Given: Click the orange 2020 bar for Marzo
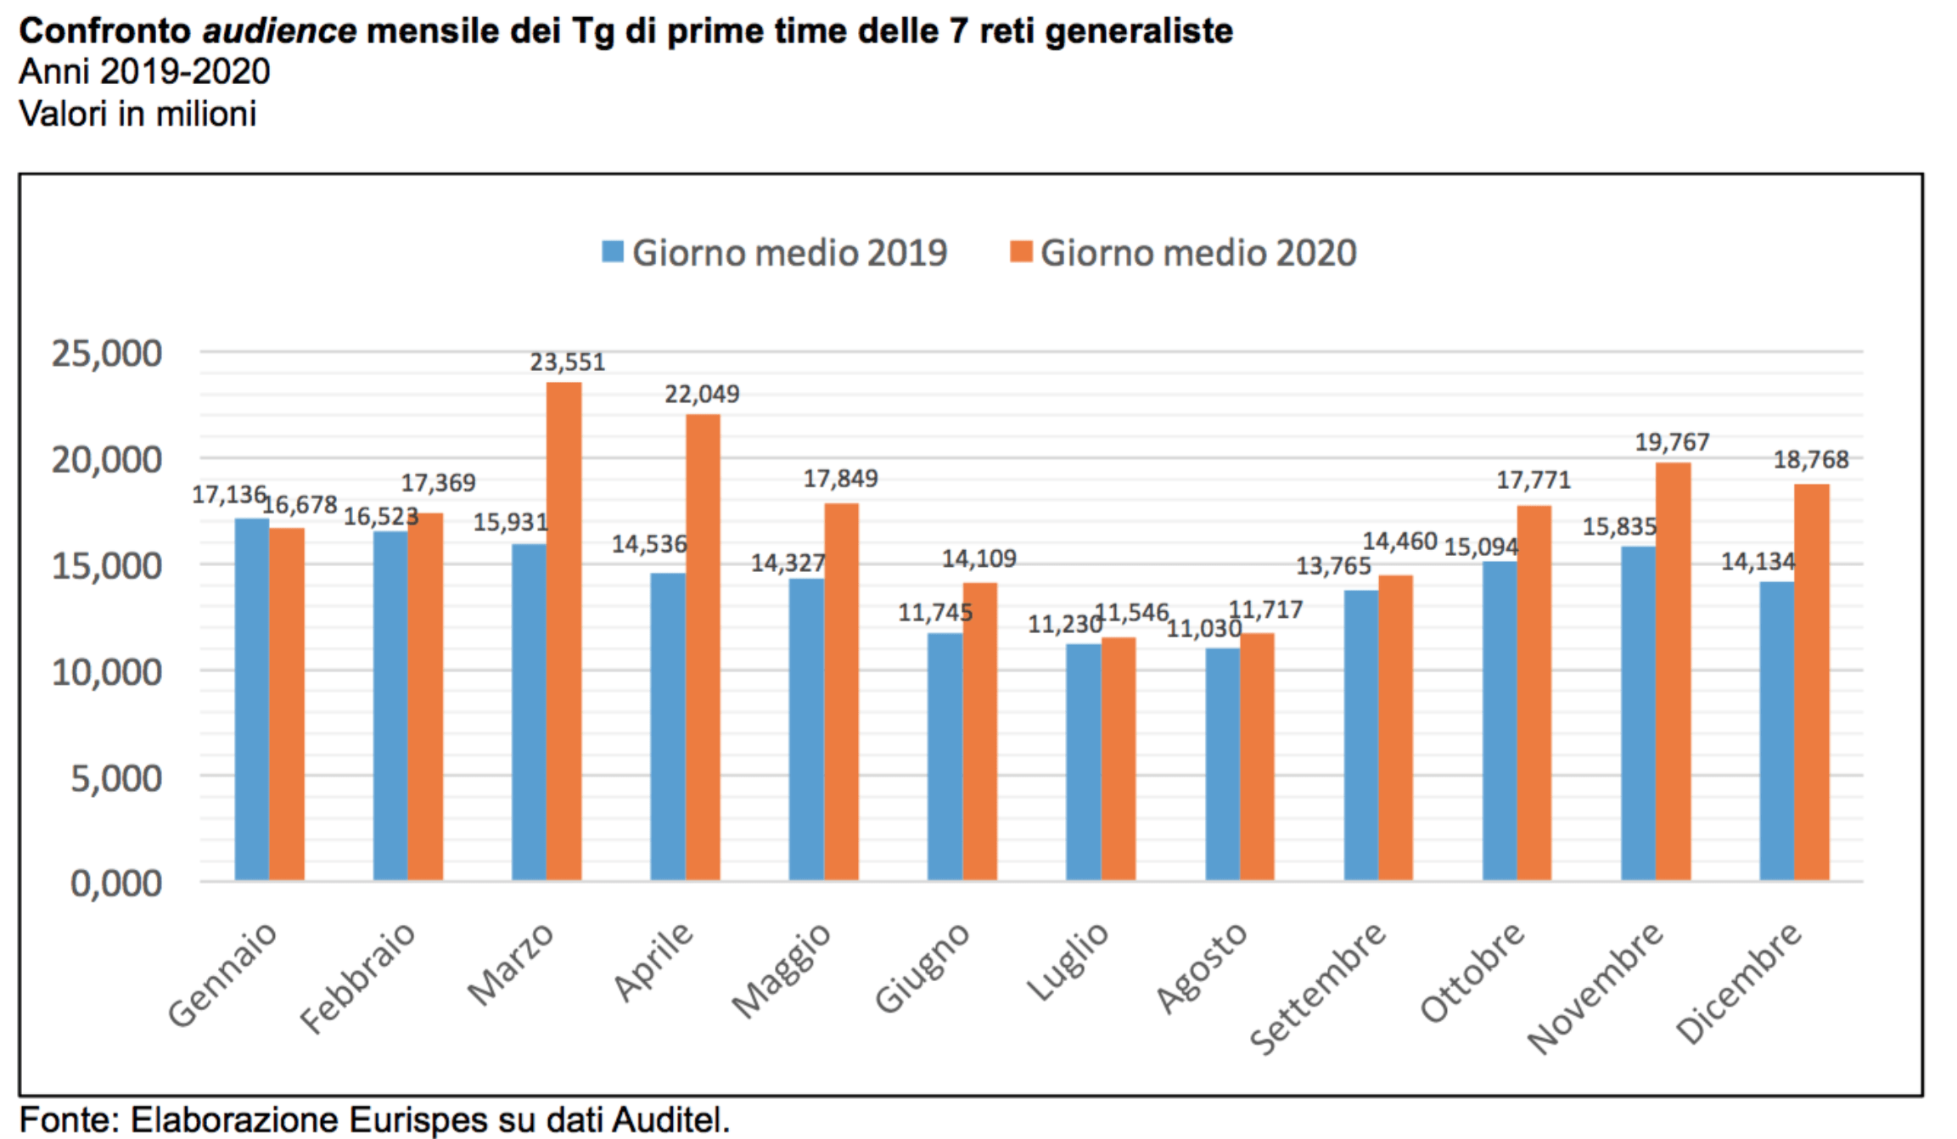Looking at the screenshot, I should [564, 631].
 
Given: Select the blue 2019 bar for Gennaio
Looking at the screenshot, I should [252, 699].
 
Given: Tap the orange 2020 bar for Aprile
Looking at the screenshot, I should [703, 647].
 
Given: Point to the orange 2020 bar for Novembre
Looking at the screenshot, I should [1673, 671].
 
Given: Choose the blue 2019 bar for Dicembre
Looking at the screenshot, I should [1776, 731].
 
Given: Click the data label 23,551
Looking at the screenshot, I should [567, 362].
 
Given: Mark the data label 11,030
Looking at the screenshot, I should [1203, 629].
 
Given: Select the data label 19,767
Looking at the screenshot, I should [1672, 442].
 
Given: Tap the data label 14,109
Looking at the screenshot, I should [978, 558].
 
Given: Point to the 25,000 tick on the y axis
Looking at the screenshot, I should [107, 353].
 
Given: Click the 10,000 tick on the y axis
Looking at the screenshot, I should [107, 671].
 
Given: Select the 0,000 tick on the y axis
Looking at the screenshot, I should [115, 883].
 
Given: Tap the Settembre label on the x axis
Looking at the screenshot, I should [1317, 988].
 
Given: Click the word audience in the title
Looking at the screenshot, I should [279, 31].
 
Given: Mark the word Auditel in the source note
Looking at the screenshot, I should [670, 1119].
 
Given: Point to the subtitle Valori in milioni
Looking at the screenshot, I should [137, 114].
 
